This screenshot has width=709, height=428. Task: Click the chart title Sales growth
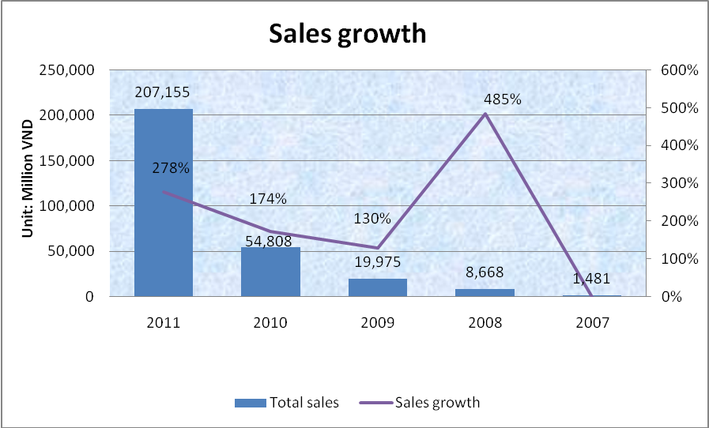point(348,34)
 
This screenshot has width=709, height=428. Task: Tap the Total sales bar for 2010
point(271,272)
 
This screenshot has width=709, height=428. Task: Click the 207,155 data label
point(164,93)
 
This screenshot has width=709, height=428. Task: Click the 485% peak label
point(503,100)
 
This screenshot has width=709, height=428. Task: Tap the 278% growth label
point(172,168)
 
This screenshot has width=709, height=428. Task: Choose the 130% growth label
point(371,219)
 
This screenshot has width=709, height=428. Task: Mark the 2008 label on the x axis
point(485,322)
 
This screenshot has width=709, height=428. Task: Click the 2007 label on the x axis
point(592,322)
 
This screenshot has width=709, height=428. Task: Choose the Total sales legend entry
point(287,403)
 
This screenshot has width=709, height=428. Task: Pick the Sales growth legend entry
point(420,403)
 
